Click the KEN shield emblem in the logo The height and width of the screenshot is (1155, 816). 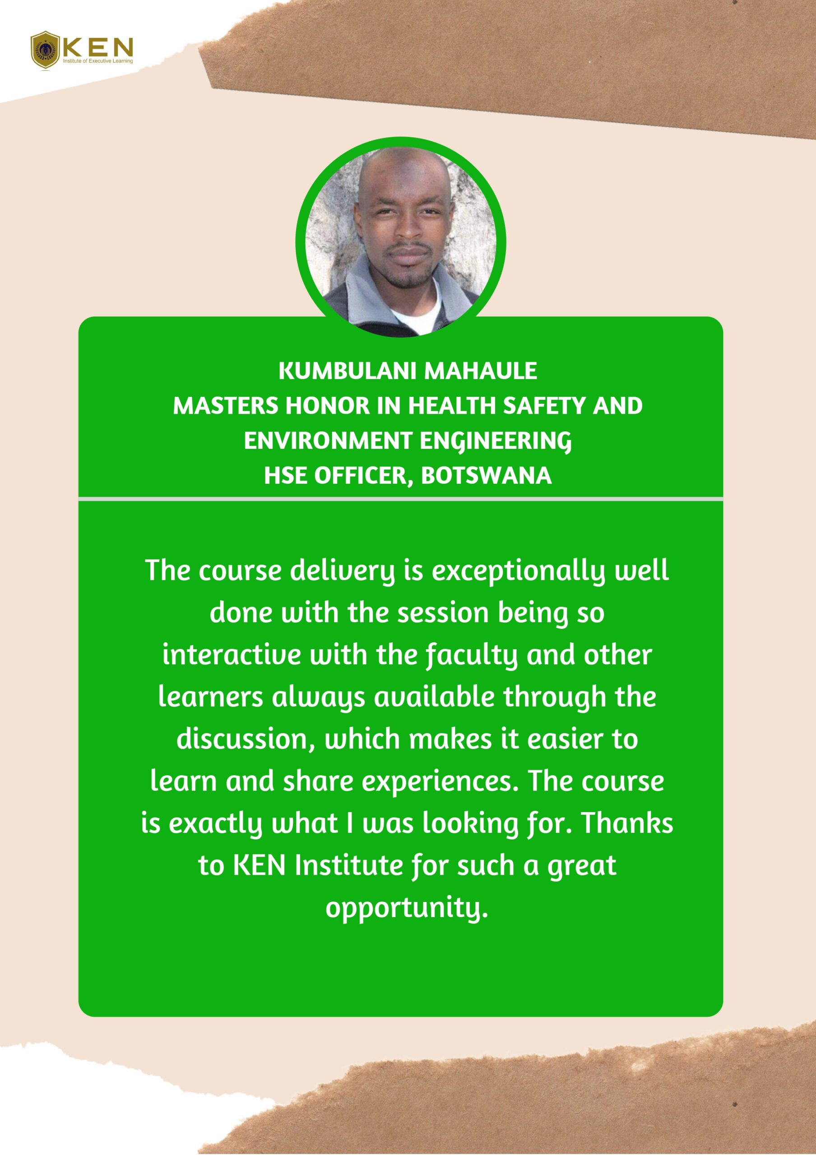(x=45, y=50)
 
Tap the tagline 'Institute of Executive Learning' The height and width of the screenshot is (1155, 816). (x=97, y=61)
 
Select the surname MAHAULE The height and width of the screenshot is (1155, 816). (x=481, y=371)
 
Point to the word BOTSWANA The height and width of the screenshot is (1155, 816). (x=486, y=476)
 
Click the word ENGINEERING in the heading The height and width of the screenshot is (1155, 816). (x=496, y=441)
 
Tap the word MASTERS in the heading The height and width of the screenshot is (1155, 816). (x=225, y=406)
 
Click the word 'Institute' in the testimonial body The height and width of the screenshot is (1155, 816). (x=348, y=866)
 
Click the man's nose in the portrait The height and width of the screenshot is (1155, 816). (x=409, y=230)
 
